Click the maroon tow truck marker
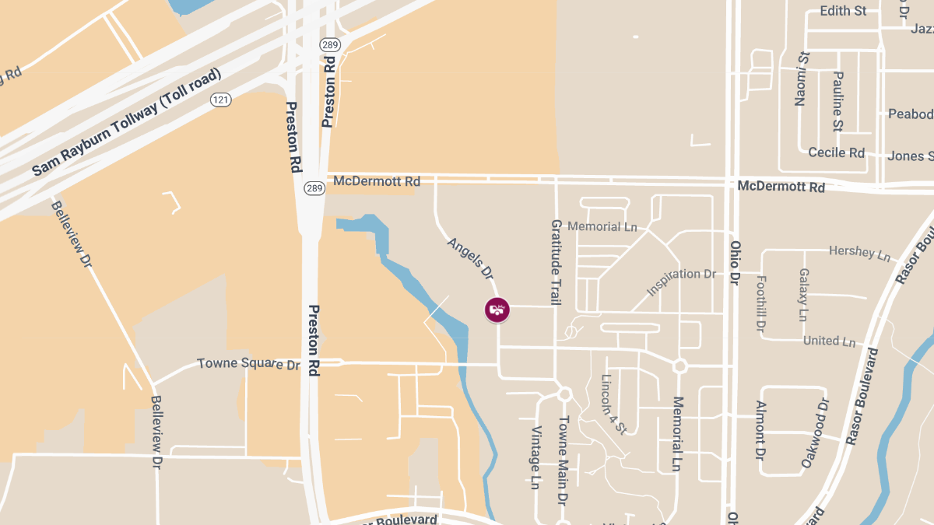(497, 310)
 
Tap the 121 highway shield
(221, 99)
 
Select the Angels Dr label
(471, 258)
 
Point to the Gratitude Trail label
(556, 261)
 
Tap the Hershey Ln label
(859, 254)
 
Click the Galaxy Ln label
(803, 295)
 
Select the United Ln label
(829, 341)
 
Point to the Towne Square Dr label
(248, 363)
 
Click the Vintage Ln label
(535, 457)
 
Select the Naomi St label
(802, 79)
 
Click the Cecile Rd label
(836, 152)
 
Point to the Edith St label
(843, 11)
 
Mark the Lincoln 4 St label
(614, 404)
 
